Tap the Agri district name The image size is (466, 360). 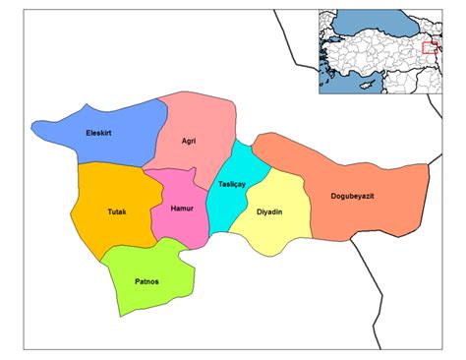(x=189, y=141)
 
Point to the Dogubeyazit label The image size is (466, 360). (x=366, y=197)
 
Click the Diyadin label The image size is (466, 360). (x=270, y=211)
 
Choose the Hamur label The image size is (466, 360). (x=180, y=210)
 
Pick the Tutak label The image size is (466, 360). (x=117, y=211)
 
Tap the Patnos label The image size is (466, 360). (x=147, y=282)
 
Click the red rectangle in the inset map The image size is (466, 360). (x=430, y=47)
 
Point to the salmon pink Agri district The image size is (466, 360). (x=197, y=118)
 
